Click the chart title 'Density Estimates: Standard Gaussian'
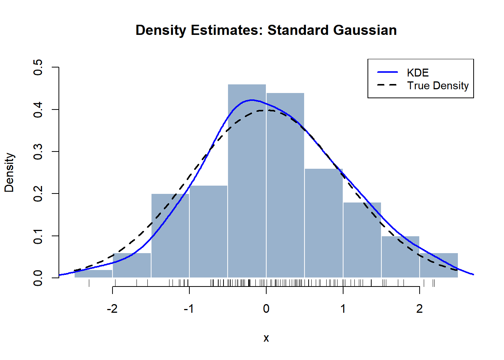tap(266, 30)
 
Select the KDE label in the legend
tap(418, 73)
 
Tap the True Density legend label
tap(438, 86)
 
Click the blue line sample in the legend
tap(387, 72)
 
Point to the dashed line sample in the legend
tap(387, 85)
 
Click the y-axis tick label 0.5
tap(38, 67)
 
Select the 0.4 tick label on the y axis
tap(38, 109)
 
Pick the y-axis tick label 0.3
tap(38, 151)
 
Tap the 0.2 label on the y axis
tap(38, 193)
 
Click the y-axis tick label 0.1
tap(38, 236)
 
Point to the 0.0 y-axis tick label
tap(38, 278)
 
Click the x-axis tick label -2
tap(112, 309)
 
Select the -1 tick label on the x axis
tap(189, 309)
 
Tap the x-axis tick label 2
tap(419, 309)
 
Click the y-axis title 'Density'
tap(9, 172)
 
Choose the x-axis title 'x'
tap(266, 338)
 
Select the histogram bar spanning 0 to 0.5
tap(285, 187)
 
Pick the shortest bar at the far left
tap(93, 274)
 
